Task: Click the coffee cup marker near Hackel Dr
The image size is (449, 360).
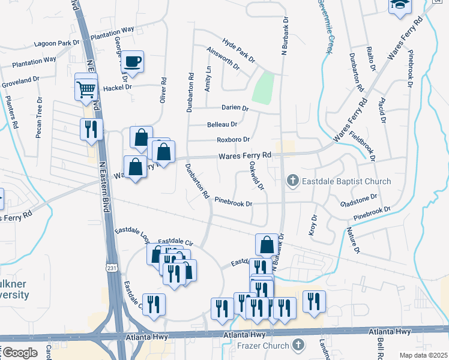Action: coord(134,62)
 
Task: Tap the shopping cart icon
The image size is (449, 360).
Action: coord(86,90)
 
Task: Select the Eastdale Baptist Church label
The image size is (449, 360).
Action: coord(346,181)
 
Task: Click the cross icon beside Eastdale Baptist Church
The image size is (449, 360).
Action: coord(293,181)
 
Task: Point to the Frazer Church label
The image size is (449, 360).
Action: coord(263,346)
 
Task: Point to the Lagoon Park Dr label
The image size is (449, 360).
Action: coord(57,43)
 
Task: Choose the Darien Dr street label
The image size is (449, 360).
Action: coord(235,108)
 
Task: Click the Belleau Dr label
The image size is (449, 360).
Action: coord(222,124)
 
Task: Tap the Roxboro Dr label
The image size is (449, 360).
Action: coord(234,140)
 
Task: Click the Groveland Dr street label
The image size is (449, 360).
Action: coord(20,80)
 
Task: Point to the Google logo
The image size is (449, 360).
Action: coord(20,352)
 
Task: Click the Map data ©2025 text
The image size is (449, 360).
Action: coord(424,355)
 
